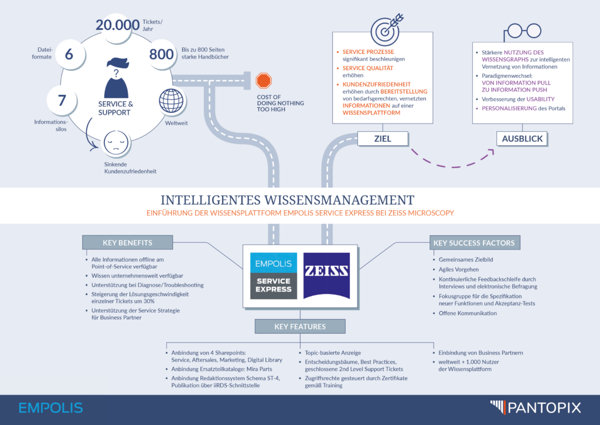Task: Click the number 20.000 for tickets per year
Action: click(117, 25)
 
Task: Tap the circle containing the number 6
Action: click(69, 54)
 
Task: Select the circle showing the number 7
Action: click(62, 100)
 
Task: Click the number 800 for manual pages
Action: click(162, 54)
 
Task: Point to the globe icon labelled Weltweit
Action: click(171, 101)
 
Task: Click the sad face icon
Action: click(116, 143)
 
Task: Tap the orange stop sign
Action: click(263, 81)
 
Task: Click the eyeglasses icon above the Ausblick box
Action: click(522, 32)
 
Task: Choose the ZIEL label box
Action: click(383, 139)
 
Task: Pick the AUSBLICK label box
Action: click(522, 139)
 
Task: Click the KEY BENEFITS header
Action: click(127, 243)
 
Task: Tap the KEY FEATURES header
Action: click(300, 327)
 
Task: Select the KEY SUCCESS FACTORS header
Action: click(474, 243)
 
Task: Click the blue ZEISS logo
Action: click(326, 276)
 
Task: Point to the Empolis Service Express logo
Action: click(274, 276)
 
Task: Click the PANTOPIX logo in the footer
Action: click(536, 407)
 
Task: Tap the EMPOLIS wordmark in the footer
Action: click(50, 408)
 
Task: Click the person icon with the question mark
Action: click(117, 78)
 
